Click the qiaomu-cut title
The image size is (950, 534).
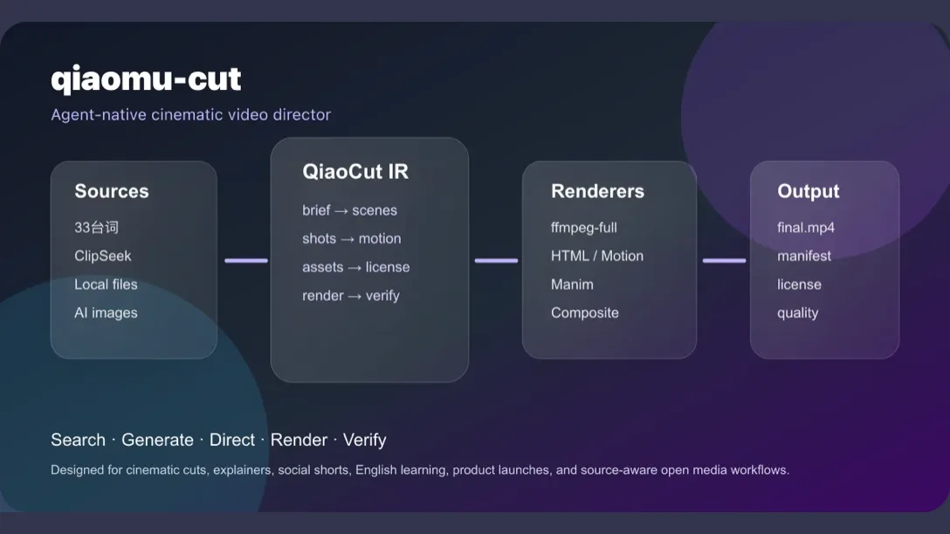(x=146, y=79)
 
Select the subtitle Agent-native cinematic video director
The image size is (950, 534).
(x=191, y=114)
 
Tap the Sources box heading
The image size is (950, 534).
(x=112, y=191)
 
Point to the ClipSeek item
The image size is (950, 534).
(x=103, y=257)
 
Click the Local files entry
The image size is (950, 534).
(x=106, y=284)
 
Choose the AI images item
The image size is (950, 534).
(x=106, y=313)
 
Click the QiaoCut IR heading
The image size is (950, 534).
(x=355, y=172)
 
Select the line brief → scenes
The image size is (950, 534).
(x=349, y=210)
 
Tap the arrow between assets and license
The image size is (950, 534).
(x=355, y=268)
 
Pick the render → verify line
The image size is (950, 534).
(x=351, y=296)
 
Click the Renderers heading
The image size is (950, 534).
(x=597, y=191)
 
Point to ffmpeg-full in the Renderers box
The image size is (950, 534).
(x=584, y=228)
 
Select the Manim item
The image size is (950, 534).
(x=572, y=284)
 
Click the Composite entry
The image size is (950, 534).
(x=585, y=313)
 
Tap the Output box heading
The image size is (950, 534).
(x=809, y=191)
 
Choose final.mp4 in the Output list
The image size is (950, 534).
(x=806, y=228)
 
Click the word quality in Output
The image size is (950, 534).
(x=798, y=313)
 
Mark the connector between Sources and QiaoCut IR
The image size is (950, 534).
(x=246, y=260)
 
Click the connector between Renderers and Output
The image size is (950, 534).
(x=724, y=260)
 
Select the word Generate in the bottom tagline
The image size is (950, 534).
(x=157, y=440)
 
